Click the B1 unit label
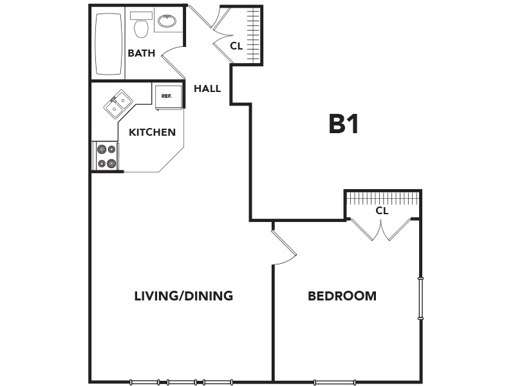click(x=343, y=124)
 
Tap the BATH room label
click(x=141, y=53)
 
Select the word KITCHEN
click(x=152, y=132)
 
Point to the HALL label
click(x=207, y=88)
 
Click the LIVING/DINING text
click(x=183, y=296)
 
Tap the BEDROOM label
click(x=342, y=296)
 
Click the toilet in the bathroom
click(x=141, y=25)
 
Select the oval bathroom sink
click(x=167, y=21)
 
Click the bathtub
click(x=108, y=44)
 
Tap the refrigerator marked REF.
click(x=168, y=98)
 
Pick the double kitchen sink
click(x=118, y=104)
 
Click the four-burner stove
click(x=107, y=156)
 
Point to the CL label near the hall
click(x=236, y=46)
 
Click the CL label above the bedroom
click(x=382, y=210)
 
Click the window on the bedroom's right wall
click(x=420, y=299)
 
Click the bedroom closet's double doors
click(x=381, y=229)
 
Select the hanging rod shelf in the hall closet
click(x=254, y=35)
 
